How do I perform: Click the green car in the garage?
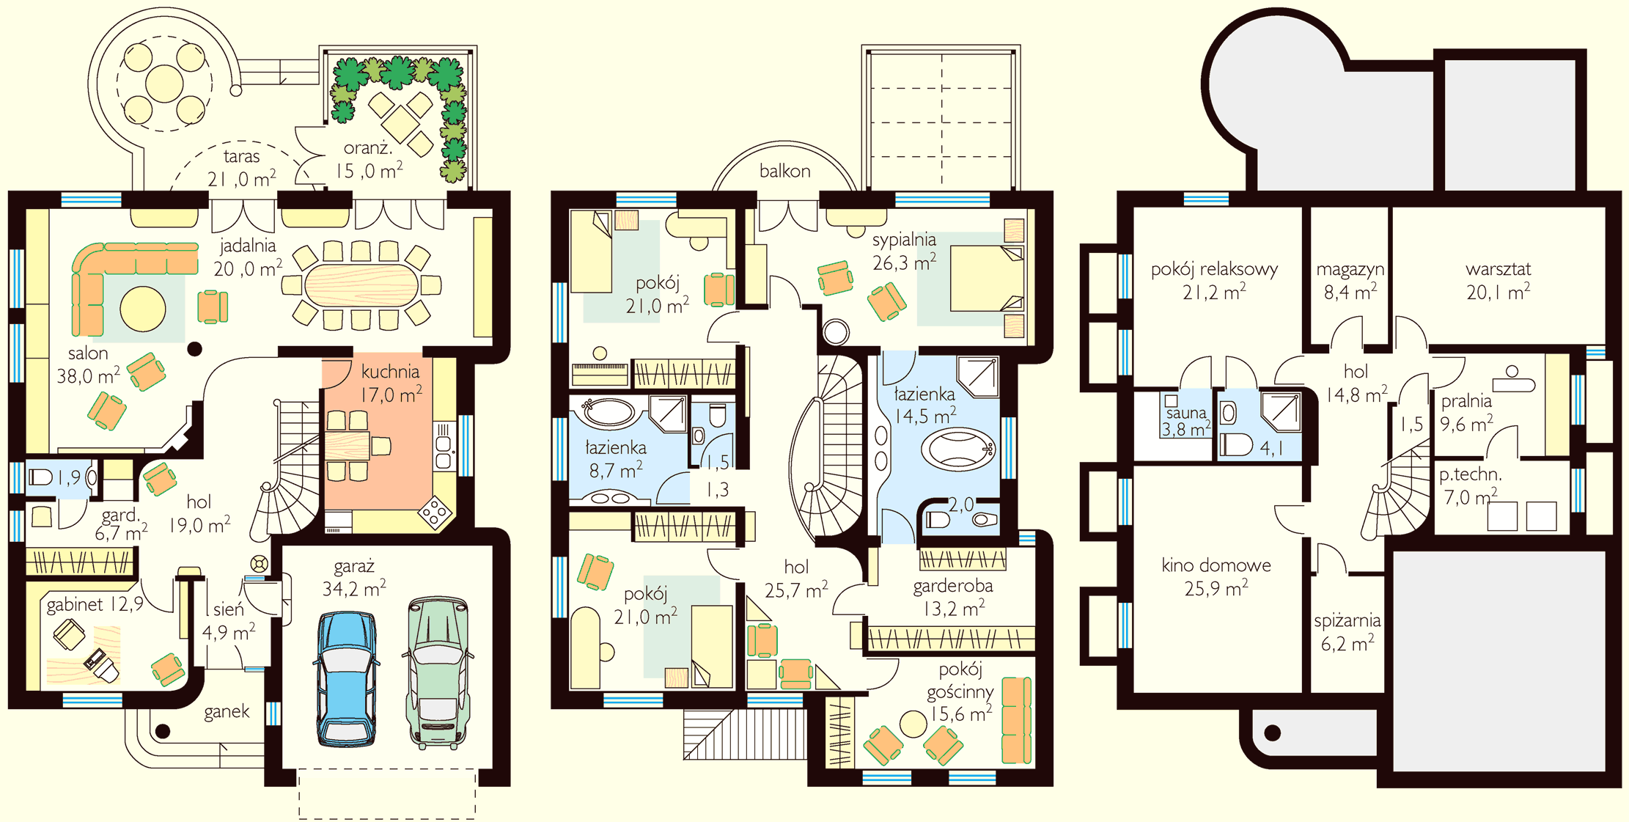click(438, 672)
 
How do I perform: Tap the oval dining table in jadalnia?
click(361, 285)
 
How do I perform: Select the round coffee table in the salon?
click(143, 309)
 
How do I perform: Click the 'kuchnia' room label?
click(390, 372)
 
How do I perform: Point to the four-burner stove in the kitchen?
click(435, 513)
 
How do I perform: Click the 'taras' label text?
click(241, 156)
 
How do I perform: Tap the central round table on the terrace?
click(164, 84)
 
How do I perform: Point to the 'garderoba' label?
click(953, 586)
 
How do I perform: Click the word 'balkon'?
click(784, 171)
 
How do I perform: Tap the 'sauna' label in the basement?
click(1185, 413)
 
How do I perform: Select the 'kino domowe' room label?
click(1216, 565)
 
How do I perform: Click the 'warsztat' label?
click(1498, 269)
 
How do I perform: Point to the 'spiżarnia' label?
click(1347, 621)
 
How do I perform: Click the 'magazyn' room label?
click(1350, 270)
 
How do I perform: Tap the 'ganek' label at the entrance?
click(227, 711)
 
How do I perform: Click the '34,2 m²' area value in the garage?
click(354, 588)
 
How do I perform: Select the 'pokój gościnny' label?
click(960, 680)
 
